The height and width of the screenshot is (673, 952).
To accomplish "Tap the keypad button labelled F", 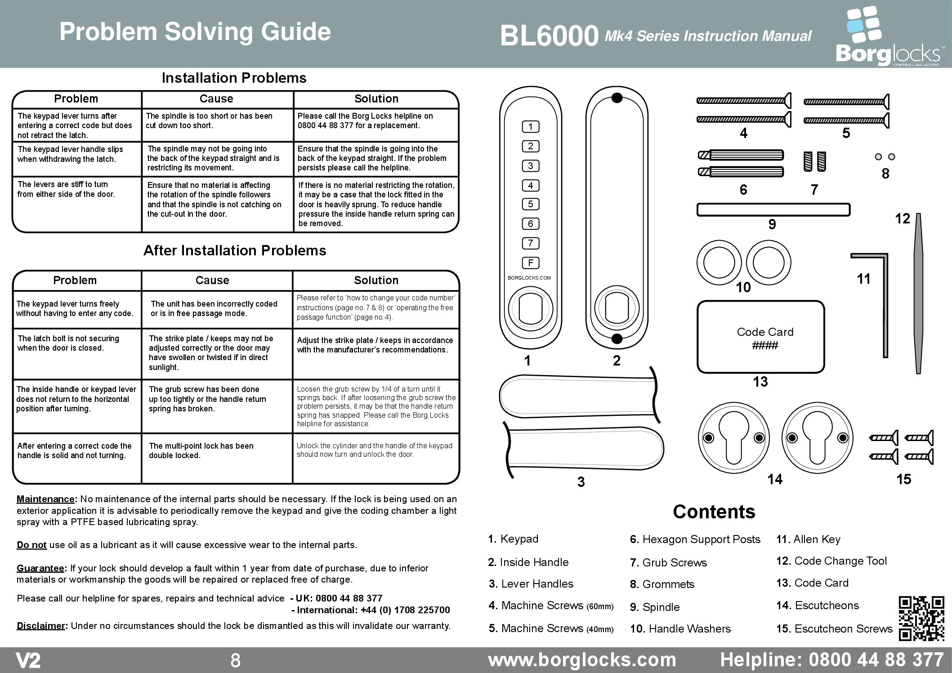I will click(531, 263).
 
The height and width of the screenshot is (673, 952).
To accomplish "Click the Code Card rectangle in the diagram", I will click(760, 337).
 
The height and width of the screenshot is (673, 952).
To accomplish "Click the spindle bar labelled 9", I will click(773, 210).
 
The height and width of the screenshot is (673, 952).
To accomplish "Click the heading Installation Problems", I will click(234, 78).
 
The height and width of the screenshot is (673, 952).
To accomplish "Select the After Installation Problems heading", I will click(234, 250).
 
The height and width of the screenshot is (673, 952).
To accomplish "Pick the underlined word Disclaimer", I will click(40, 626).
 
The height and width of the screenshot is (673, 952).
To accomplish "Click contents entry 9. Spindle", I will click(654, 607).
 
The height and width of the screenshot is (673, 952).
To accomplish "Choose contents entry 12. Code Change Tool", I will click(831, 561).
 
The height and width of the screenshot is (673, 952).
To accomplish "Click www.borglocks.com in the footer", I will click(582, 660).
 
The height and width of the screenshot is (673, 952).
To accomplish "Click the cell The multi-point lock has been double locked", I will click(201, 450).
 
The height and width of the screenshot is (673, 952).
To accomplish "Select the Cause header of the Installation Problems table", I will click(216, 99).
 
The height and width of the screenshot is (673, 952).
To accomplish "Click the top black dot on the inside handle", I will click(617, 98).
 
